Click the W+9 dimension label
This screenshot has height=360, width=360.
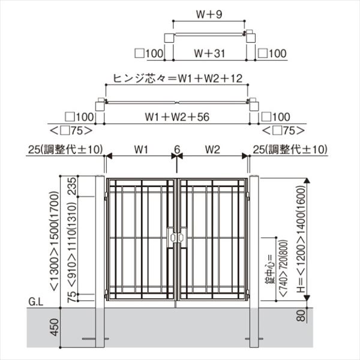(209, 14)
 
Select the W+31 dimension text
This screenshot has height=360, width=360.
(209, 53)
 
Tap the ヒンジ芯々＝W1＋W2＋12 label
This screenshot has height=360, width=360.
(178, 78)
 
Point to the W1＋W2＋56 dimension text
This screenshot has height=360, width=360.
(177, 117)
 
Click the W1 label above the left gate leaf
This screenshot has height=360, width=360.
(141, 149)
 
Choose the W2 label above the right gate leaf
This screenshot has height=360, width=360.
(212, 149)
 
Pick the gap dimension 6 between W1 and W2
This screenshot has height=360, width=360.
(177, 149)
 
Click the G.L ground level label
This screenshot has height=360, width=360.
(35, 302)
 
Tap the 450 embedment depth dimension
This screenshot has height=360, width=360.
(55, 327)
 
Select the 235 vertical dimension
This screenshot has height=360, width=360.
(72, 186)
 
